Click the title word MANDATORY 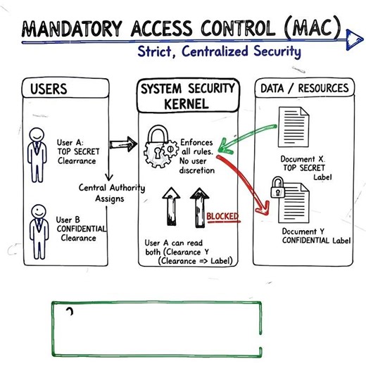pyautogui.click(x=67, y=29)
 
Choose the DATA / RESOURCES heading pyautogui.click(x=304, y=88)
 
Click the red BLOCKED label pyautogui.click(x=222, y=216)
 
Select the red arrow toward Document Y pyautogui.click(x=246, y=179)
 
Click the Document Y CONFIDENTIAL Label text pyautogui.click(x=307, y=236)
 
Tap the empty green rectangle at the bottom pyautogui.click(x=156, y=329)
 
